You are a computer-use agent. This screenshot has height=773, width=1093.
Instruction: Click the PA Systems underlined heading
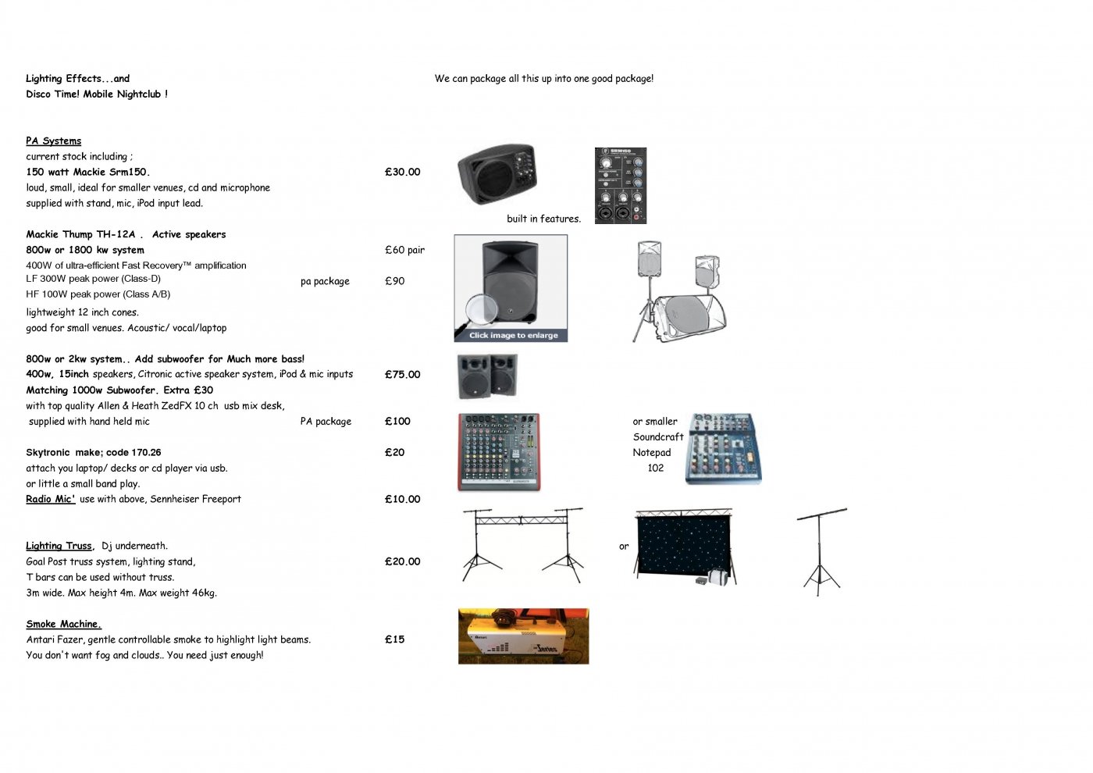[54, 141]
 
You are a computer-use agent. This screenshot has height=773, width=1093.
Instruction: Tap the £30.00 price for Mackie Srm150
[402, 172]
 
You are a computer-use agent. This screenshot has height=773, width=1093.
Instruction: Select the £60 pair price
[404, 250]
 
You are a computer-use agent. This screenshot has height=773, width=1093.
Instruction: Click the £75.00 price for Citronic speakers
[402, 374]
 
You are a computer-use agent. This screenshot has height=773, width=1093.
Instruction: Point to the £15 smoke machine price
[394, 639]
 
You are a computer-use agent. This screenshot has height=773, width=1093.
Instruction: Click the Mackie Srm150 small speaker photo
[497, 173]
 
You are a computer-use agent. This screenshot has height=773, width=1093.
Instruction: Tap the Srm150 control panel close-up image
[621, 186]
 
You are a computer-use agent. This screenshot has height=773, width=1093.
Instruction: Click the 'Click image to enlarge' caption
[514, 335]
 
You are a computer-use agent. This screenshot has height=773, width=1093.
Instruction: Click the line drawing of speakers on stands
[678, 291]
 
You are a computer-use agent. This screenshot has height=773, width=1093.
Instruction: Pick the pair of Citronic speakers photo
[487, 376]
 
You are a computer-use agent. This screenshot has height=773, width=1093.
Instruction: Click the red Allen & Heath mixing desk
[499, 452]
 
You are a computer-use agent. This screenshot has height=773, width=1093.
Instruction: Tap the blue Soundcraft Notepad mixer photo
[724, 449]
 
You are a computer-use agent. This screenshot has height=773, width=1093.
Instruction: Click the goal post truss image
[522, 545]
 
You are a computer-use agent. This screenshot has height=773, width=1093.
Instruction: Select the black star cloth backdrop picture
[685, 547]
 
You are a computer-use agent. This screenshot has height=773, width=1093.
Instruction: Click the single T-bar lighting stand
[821, 552]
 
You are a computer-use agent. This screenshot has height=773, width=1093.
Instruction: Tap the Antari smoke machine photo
[524, 636]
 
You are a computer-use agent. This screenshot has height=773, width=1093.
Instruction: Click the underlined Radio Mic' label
[51, 499]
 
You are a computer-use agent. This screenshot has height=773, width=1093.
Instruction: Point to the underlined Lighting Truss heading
[59, 546]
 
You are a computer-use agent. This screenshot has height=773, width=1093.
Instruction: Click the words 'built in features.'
[543, 219]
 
